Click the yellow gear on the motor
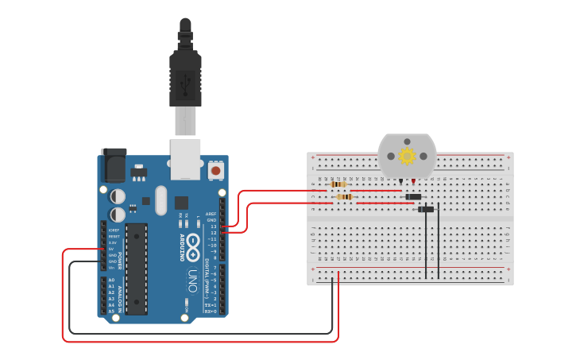pos(407,156)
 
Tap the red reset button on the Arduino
pos(215,170)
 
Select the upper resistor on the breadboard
pos(338,184)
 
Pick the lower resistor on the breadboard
pos(344,197)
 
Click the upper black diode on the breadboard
pos(413,197)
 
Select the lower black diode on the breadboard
pos(426,210)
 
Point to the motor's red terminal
pos(413,182)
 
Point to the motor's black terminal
pos(400,182)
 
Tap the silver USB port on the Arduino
pos(185,159)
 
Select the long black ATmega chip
pos(136,269)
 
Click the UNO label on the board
pos(192,281)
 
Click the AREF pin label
pos(211,214)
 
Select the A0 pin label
pos(111,281)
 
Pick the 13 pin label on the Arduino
pos(213,226)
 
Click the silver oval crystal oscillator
pos(161,200)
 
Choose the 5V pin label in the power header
pos(112,249)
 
